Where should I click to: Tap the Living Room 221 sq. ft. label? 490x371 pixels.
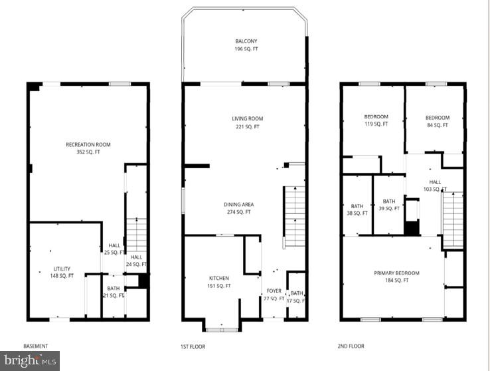click(247, 122)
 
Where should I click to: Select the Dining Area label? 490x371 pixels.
click(239, 208)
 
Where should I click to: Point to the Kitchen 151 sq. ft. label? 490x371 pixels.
click(219, 282)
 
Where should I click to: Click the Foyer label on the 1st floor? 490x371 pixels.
click(274, 295)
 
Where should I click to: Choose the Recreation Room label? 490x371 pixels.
click(88, 148)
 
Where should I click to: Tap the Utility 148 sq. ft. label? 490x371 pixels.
click(62, 272)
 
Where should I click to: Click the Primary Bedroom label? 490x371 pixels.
click(396, 277)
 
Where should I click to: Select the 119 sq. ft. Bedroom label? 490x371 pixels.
click(376, 120)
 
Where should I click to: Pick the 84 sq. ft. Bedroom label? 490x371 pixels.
click(438, 121)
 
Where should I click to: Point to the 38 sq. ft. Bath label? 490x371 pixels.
click(357, 209)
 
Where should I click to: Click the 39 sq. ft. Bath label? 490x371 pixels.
click(389, 205)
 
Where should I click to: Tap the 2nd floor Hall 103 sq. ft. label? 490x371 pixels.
click(435, 185)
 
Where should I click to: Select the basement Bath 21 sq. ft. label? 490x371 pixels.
click(114, 292)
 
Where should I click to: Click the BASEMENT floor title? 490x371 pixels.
click(36, 346)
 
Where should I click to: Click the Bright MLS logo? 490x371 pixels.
click(30, 360)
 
